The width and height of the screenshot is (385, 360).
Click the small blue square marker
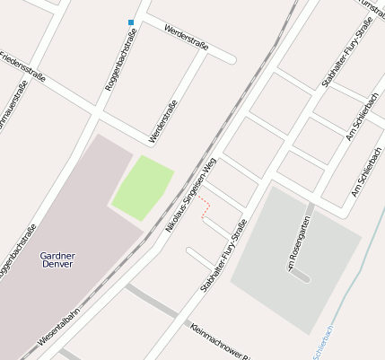point(131,22)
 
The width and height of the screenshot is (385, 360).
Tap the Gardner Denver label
point(58,259)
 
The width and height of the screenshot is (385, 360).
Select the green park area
point(141,187)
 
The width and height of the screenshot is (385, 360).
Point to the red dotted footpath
point(206,206)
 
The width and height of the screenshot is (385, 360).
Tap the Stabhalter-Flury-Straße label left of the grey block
point(223,261)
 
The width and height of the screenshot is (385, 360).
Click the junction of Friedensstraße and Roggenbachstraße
point(96,113)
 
